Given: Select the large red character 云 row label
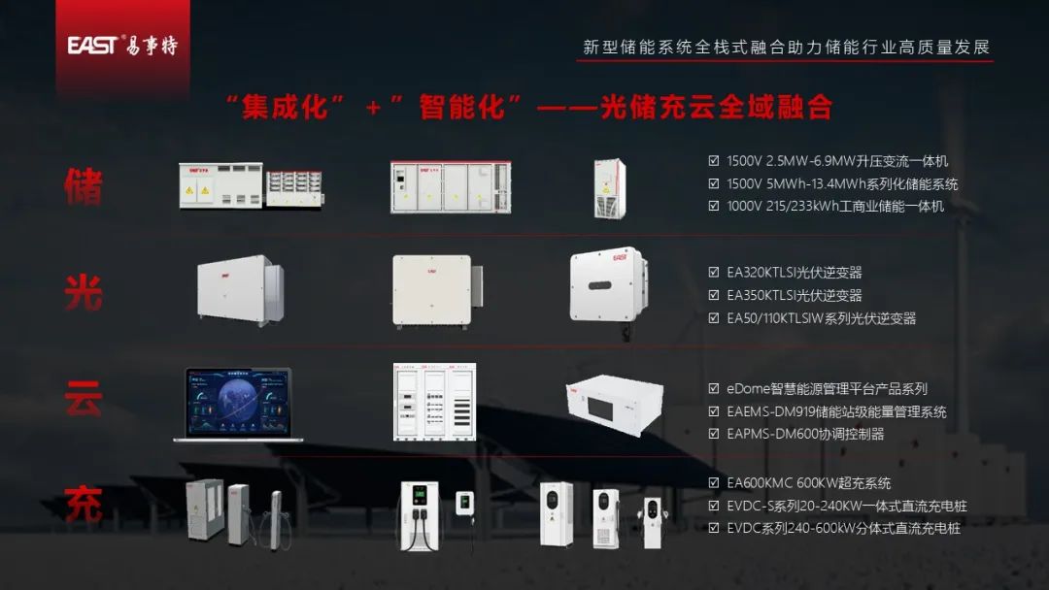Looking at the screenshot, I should (x=84, y=398).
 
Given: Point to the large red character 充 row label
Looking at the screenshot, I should (x=84, y=506).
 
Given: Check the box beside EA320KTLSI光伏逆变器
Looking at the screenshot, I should (x=715, y=273).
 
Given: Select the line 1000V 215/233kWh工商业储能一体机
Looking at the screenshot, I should (x=834, y=206).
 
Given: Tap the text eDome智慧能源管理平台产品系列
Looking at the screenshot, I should (x=827, y=389).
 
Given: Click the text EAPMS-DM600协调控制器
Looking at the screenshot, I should (x=805, y=434).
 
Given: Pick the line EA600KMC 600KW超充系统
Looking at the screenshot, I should (x=808, y=482).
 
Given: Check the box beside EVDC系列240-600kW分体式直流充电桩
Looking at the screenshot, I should (x=715, y=529).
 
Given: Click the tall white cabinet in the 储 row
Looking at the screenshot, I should (x=610, y=188).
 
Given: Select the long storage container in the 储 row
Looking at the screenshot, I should (x=449, y=187).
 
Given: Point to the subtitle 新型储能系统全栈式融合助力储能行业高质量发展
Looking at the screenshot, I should (x=786, y=47).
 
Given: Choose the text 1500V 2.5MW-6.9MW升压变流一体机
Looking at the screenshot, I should (x=836, y=161).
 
